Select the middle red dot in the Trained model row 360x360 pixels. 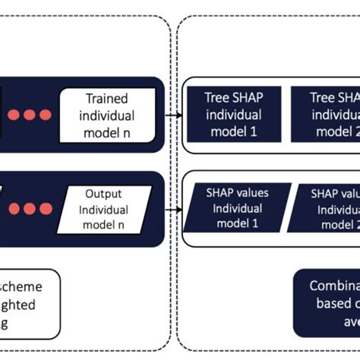[x=29, y=115]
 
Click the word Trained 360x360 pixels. [x=107, y=99]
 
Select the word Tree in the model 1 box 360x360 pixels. [x=217, y=99]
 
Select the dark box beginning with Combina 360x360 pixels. [x=327, y=303]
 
